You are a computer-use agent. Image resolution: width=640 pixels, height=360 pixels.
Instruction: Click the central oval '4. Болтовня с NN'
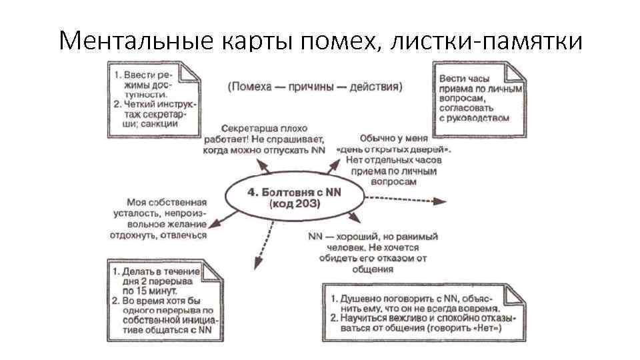[293, 197]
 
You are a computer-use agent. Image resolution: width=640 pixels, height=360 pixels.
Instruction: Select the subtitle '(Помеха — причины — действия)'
[315, 86]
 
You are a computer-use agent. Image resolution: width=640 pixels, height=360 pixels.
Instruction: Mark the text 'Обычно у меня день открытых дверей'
[397, 159]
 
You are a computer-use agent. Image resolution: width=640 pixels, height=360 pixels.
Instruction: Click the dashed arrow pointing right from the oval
[407, 199]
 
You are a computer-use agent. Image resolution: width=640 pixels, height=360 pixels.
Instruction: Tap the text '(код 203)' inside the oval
[293, 205]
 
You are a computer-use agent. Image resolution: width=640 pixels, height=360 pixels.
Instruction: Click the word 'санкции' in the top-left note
[160, 123]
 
